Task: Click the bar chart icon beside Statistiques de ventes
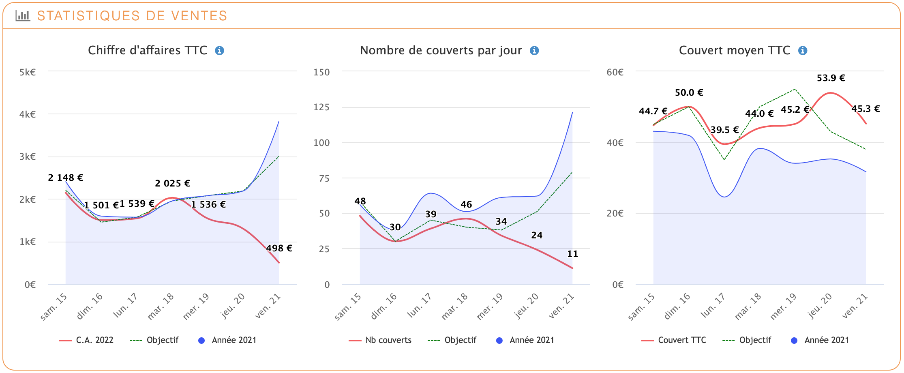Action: (23, 16)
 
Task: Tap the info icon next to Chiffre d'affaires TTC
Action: (219, 51)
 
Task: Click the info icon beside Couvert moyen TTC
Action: (803, 51)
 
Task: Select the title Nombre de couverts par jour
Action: (441, 50)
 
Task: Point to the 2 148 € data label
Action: (65, 178)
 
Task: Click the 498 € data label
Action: (279, 248)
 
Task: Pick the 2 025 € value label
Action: (172, 183)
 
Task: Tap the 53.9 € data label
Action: (831, 78)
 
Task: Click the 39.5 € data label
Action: (724, 130)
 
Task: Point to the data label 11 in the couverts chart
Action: (572, 254)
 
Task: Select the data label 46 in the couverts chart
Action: (466, 204)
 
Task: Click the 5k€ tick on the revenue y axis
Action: (28, 72)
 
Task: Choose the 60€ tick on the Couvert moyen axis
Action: (615, 72)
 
